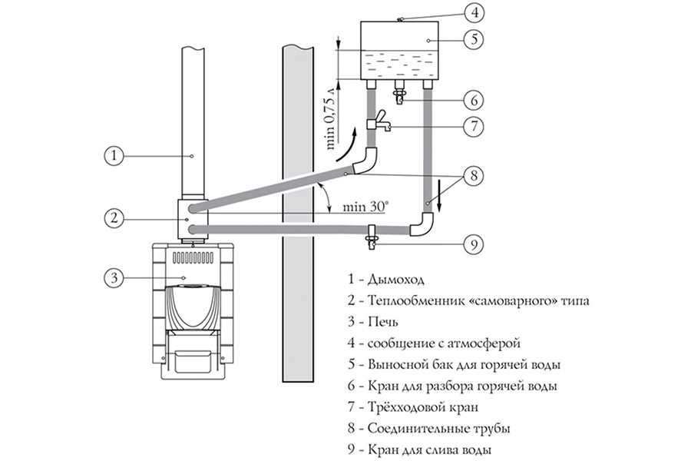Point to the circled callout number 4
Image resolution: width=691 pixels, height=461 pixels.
475,13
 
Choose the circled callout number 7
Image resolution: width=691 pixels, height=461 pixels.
475,125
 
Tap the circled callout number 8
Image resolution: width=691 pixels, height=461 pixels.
475,174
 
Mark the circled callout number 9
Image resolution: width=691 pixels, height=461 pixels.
475,245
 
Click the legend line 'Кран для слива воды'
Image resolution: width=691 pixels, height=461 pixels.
429,449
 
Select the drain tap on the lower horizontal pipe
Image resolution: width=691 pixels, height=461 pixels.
371,234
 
